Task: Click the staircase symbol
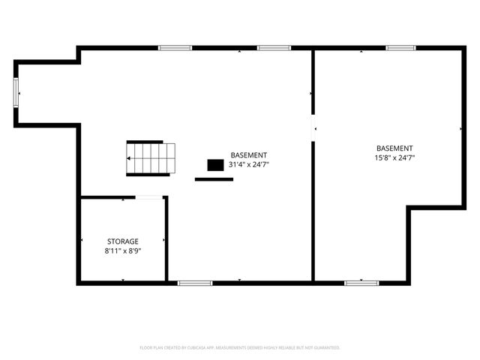pos(150,158)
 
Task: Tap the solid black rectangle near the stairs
pos(216,164)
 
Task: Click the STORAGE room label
pos(122,241)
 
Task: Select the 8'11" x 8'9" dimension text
pos(122,251)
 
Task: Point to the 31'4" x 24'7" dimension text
pos(249,164)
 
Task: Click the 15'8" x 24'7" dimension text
pos(394,157)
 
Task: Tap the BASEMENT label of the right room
pos(394,148)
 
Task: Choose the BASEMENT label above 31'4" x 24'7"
pos(249,154)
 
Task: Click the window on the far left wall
pos(16,93)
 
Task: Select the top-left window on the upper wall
pos(175,48)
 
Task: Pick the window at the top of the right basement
pos(400,48)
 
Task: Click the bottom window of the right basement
pos(361,283)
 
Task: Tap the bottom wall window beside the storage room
pos(194,283)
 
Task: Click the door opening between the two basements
pos(313,127)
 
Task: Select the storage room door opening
pos(149,197)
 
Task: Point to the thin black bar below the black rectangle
pos(214,179)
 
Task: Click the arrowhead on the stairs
pos(130,159)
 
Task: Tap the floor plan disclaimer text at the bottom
pos(240,348)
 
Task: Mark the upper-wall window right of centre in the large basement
pos(274,48)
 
